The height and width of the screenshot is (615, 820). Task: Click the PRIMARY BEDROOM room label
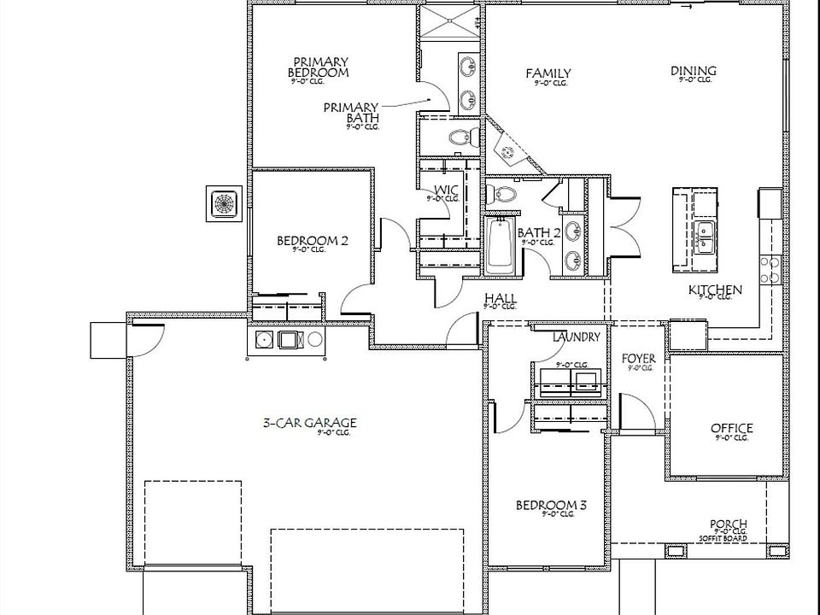click(320, 67)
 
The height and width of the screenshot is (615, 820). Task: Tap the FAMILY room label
click(548, 73)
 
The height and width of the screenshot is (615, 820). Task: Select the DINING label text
click(693, 71)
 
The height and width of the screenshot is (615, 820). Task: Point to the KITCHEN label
click(715, 290)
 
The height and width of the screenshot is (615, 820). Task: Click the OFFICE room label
click(731, 429)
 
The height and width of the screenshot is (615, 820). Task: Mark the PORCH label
click(728, 524)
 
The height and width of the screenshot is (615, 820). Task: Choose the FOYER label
click(638, 359)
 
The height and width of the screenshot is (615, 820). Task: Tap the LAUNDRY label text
click(576, 337)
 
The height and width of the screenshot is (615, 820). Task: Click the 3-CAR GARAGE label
click(309, 423)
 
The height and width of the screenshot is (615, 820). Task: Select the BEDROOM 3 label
click(551, 506)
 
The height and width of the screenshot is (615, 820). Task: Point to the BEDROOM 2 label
click(312, 241)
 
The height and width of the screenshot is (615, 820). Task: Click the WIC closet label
click(446, 190)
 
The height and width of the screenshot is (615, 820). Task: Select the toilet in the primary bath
click(461, 137)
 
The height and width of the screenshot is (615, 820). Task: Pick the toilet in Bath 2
click(504, 194)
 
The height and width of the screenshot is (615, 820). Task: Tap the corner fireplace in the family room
click(511, 151)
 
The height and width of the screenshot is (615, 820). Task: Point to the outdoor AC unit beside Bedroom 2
click(225, 204)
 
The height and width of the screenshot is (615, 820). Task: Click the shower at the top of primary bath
click(448, 22)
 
